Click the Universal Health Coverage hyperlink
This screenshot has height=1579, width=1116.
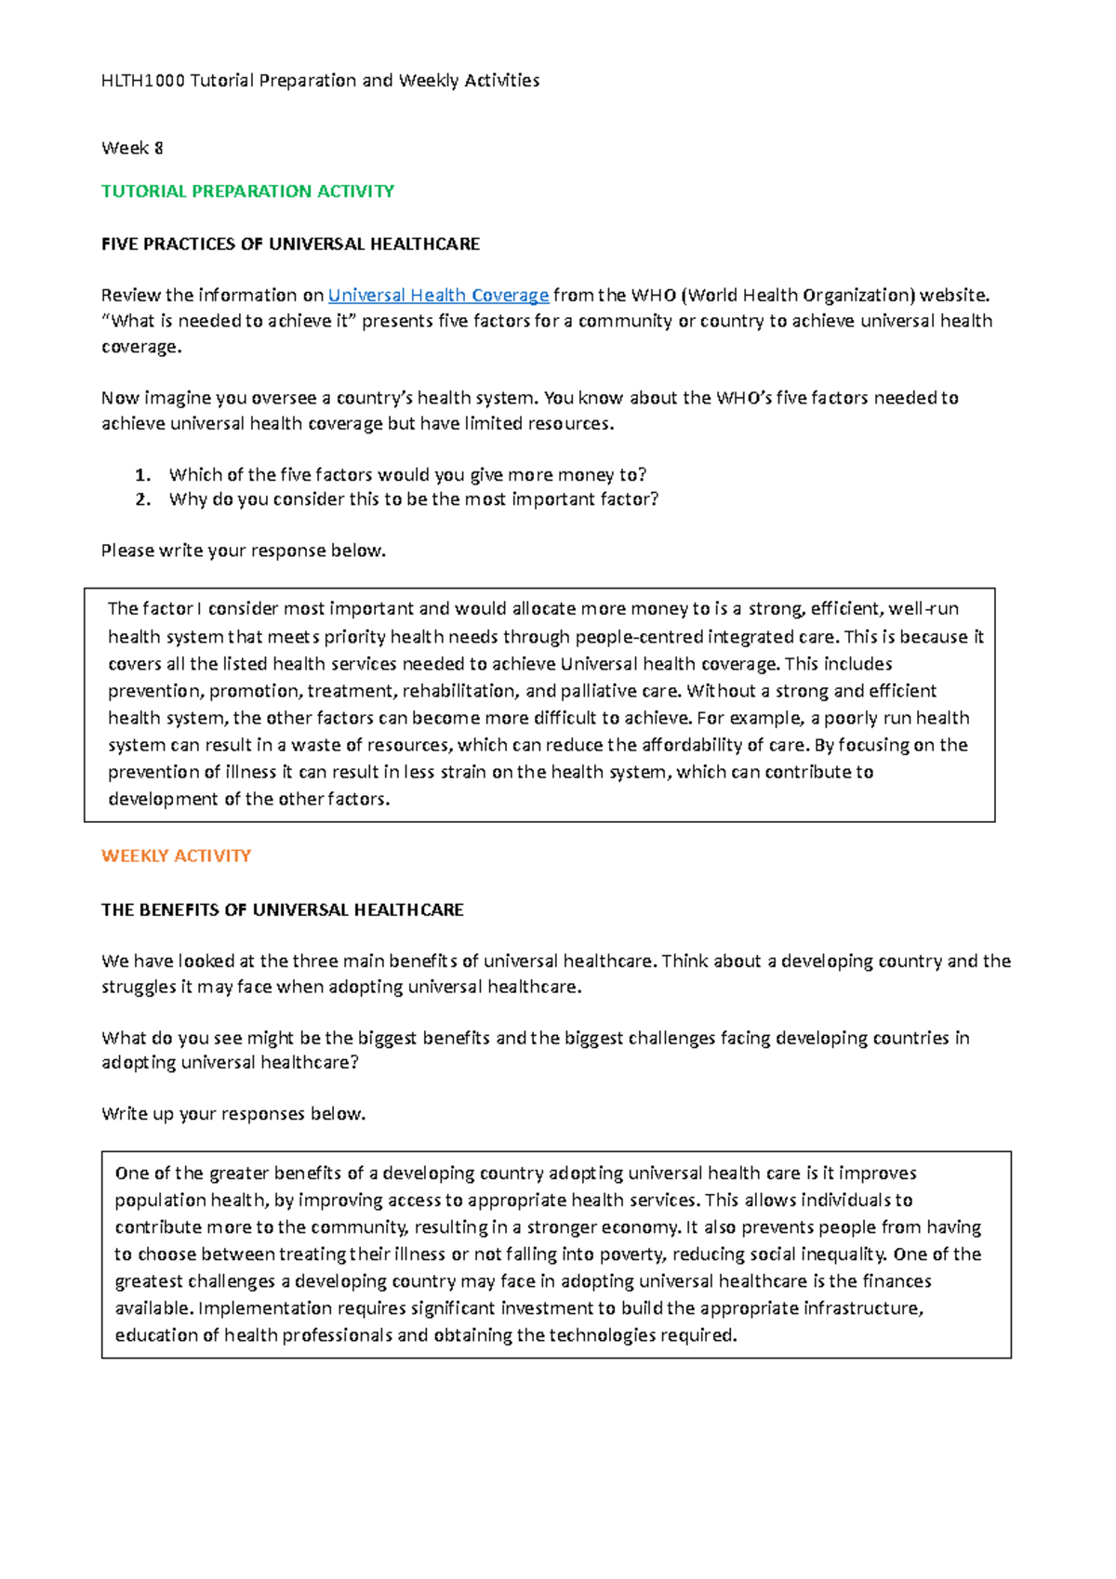click(x=438, y=296)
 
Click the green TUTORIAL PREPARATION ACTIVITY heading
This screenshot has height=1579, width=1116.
click(x=247, y=192)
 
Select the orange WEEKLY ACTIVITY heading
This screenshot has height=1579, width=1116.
click(x=176, y=856)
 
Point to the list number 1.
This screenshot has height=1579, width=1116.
click(x=142, y=475)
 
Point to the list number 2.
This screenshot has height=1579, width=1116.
click(x=142, y=499)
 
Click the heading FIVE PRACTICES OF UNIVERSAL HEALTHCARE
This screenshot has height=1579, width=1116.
click(x=290, y=245)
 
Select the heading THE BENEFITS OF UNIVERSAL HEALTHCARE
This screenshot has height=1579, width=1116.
click(x=282, y=910)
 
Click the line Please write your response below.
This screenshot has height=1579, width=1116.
click(x=243, y=551)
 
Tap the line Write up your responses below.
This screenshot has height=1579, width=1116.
click(x=233, y=1114)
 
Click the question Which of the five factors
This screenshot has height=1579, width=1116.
click(x=407, y=475)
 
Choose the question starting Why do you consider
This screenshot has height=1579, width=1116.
click(x=413, y=499)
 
